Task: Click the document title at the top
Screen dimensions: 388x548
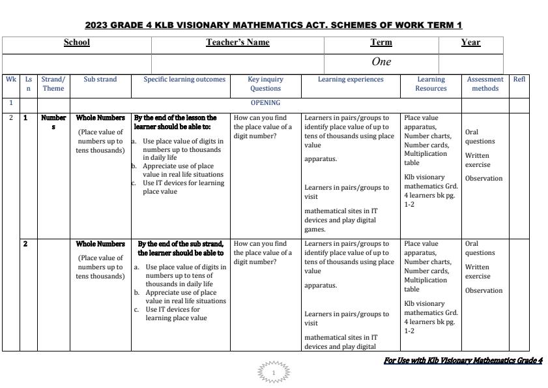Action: tap(274, 25)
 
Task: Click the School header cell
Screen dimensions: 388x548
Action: tap(77, 42)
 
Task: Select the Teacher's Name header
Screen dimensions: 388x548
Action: tap(238, 42)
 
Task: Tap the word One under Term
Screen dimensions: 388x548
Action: tap(381, 62)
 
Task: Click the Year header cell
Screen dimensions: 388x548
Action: tap(470, 42)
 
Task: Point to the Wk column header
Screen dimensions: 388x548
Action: tap(11, 80)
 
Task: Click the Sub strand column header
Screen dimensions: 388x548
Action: tap(100, 80)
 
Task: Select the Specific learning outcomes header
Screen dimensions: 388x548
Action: tap(184, 80)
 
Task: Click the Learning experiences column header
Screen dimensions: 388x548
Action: tap(351, 80)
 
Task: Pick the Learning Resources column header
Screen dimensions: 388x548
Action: tap(431, 83)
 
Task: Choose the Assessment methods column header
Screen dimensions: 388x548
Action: tap(485, 83)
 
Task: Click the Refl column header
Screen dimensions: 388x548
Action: tap(519, 80)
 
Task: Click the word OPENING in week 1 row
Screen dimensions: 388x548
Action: tap(265, 102)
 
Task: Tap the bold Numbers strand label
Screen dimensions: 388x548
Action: tap(53, 122)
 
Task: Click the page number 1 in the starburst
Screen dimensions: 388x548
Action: tap(274, 373)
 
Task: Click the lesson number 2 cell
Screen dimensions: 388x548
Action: tap(26, 244)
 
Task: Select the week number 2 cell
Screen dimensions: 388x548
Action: tap(11, 118)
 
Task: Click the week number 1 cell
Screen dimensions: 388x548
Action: tap(11, 102)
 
